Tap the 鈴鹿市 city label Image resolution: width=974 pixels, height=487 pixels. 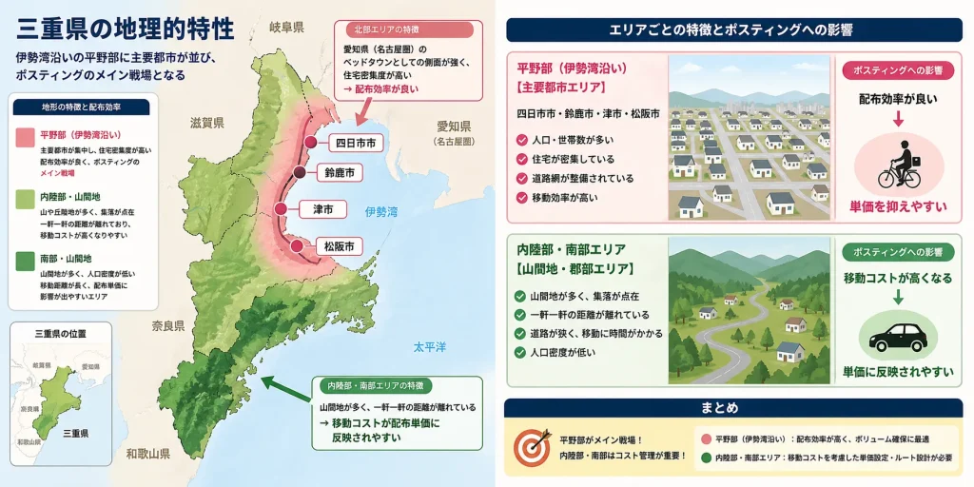(339, 173)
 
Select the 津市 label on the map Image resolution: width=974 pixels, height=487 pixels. (322, 208)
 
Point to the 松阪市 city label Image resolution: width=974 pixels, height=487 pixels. (338, 246)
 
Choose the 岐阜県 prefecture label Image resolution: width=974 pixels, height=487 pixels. (286, 28)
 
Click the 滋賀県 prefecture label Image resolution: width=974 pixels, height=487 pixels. (206, 123)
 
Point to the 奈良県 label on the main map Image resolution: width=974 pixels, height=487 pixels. (168, 325)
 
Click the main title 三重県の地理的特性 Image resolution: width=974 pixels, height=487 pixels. (125, 28)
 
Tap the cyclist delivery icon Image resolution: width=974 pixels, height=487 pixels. (899, 164)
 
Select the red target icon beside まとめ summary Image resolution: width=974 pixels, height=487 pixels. (531, 447)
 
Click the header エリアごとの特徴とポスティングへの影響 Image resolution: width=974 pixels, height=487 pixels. (730, 29)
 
